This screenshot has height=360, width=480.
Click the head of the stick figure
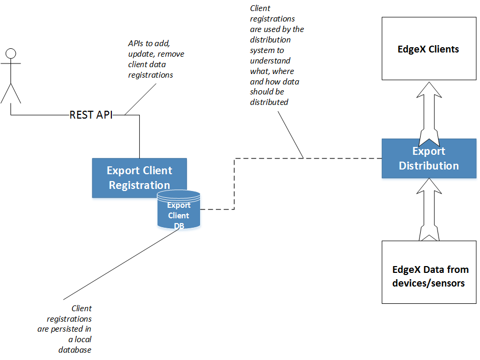pos(11,53)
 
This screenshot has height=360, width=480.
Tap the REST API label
pos(91,115)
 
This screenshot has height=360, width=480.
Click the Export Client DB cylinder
pos(179,210)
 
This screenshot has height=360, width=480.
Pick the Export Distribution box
pos(429,158)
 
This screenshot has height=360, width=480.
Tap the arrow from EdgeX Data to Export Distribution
pos(429,210)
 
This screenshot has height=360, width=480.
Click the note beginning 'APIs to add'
pos(156,59)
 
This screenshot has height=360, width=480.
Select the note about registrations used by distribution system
pos(276,56)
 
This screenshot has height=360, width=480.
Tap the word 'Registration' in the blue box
pos(139,185)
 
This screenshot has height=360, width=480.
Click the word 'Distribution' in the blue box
pos(429,166)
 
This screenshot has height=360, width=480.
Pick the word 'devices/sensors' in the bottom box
pos(429,283)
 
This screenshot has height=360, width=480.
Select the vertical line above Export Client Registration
pos(140,136)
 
